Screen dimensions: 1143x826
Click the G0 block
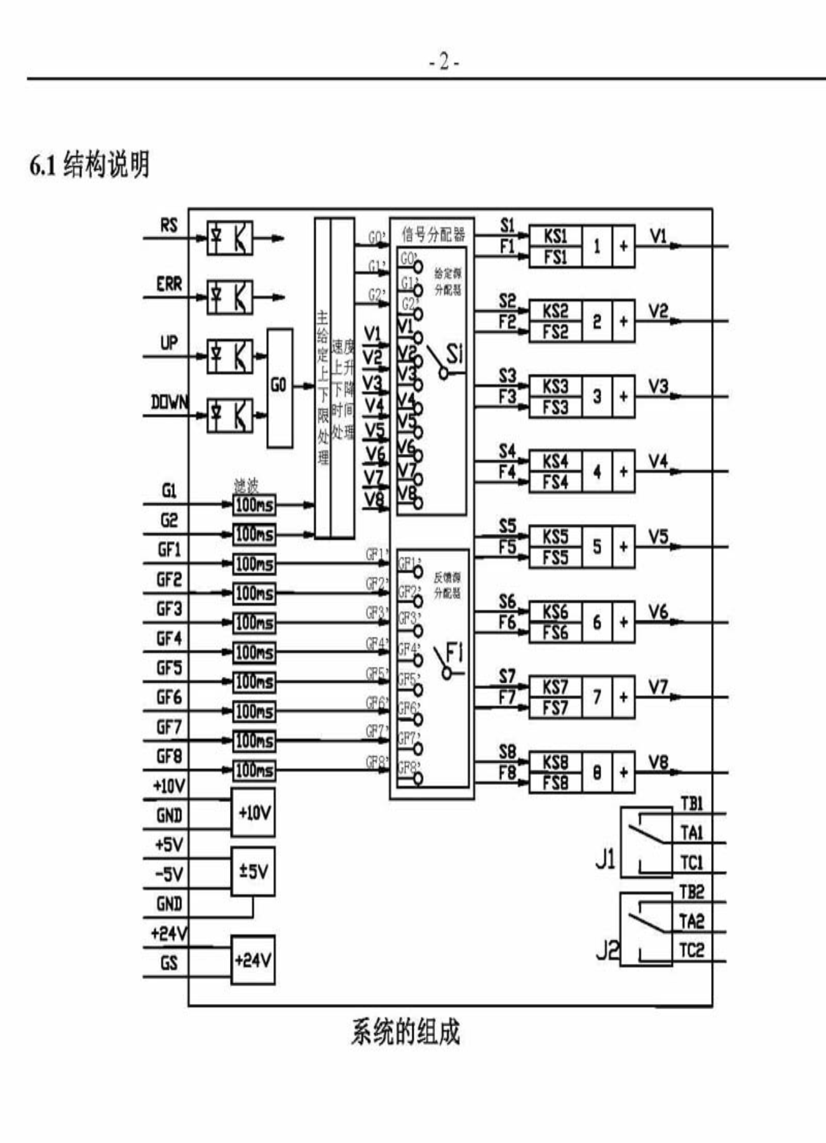pyautogui.click(x=280, y=387)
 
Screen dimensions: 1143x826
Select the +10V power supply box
pyautogui.click(x=254, y=813)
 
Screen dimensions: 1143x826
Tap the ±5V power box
pyautogui.click(x=253, y=871)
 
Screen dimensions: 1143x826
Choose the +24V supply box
pyautogui.click(x=253, y=960)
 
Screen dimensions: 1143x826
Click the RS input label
pyautogui.click(x=169, y=225)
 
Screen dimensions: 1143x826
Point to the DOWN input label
pyautogui.click(x=169, y=402)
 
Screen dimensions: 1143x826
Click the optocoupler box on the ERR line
pyautogui.click(x=229, y=297)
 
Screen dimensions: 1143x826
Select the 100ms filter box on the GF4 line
pyautogui.click(x=254, y=652)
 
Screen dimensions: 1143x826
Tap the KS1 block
pyautogui.click(x=555, y=236)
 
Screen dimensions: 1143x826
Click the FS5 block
pyautogui.click(x=555, y=558)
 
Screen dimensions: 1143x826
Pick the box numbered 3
pyautogui.click(x=597, y=396)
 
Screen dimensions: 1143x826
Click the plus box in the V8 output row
pyautogui.click(x=623, y=772)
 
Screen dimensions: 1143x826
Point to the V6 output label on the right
pyautogui.click(x=658, y=612)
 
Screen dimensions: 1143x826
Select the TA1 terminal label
pyautogui.click(x=691, y=832)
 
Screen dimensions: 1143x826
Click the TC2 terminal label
pyautogui.click(x=691, y=951)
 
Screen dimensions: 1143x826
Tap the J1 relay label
pyautogui.click(x=606, y=859)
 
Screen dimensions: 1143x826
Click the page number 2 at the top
pyautogui.click(x=444, y=62)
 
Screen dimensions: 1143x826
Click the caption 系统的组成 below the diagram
pyautogui.click(x=405, y=1032)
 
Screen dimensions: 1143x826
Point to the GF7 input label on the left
pyautogui.click(x=169, y=726)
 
